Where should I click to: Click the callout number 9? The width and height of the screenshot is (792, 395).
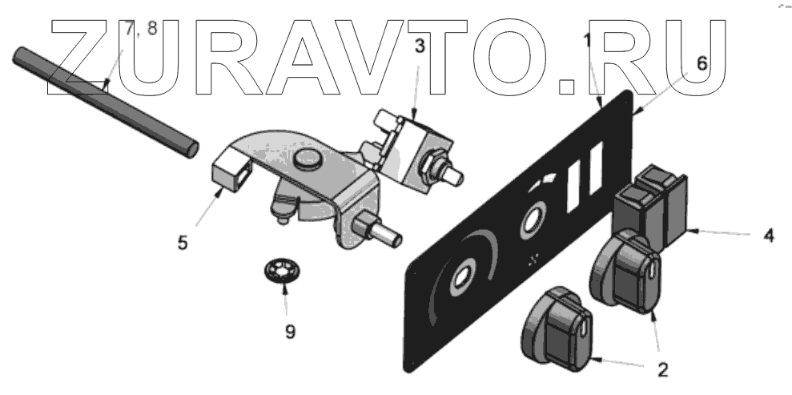click(291, 330)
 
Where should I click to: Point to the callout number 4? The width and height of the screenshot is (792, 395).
click(768, 237)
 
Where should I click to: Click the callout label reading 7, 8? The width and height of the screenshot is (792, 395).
click(142, 30)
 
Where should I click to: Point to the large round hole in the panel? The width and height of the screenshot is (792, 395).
click(462, 280)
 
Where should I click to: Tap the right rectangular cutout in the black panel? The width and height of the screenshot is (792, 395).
click(594, 174)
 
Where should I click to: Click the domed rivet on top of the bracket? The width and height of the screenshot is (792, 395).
click(308, 159)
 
